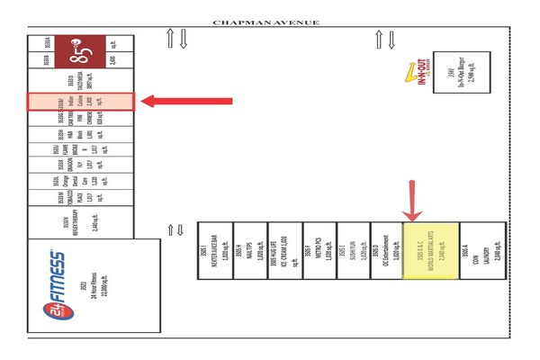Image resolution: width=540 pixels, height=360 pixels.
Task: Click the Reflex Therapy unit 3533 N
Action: (x=80, y=220)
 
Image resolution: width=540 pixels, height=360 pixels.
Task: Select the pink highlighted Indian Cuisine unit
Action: (x=81, y=102)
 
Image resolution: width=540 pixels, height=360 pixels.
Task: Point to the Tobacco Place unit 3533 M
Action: (x=80, y=193)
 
